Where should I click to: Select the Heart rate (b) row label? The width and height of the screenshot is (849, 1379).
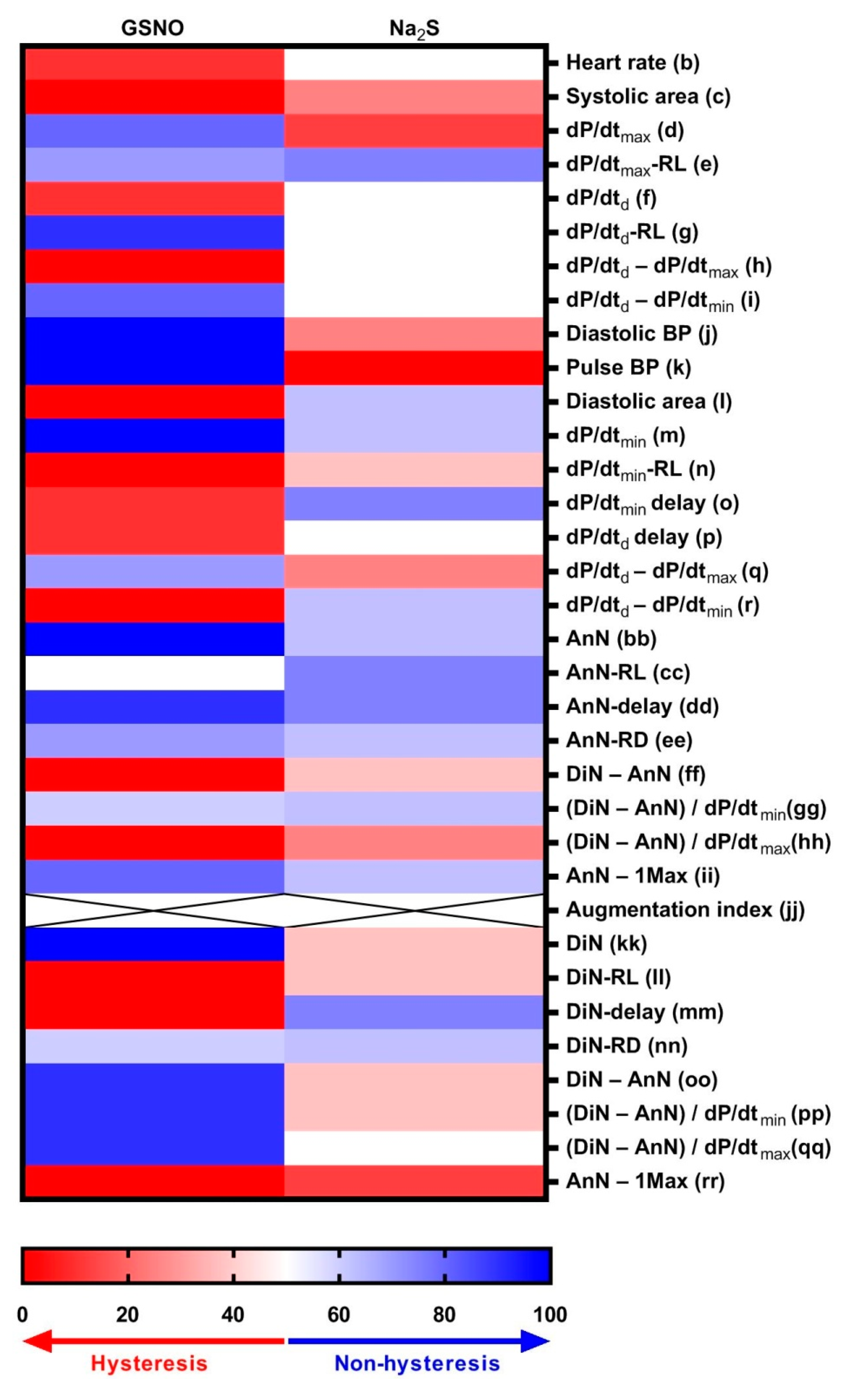632,62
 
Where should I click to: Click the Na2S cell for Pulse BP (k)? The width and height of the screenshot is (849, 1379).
414,367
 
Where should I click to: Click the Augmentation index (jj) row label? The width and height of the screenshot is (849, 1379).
685,910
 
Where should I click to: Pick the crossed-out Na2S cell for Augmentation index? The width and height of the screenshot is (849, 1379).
414,910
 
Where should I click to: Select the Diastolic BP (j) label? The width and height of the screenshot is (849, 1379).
641,333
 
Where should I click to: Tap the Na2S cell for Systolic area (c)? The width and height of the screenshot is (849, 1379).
414,97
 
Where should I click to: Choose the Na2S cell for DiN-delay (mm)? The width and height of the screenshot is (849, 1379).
414,1012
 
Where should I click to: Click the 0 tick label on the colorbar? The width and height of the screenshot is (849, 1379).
22,1315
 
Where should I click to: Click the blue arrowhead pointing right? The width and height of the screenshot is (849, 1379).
536,1341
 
